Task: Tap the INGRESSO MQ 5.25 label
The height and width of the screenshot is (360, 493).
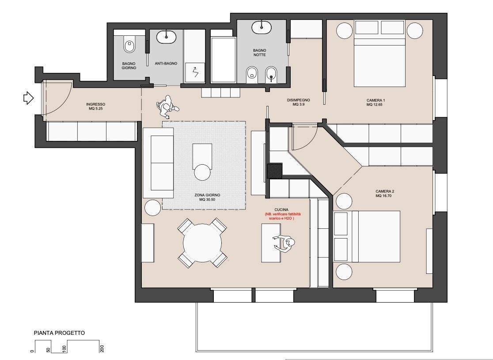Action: click(x=96, y=106)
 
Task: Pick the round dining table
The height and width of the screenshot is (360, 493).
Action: click(x=203, y=243)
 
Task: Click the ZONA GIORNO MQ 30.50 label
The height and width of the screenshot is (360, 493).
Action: click(x=207, y=197)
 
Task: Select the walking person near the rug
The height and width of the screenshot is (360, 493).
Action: click(x=167, y=106)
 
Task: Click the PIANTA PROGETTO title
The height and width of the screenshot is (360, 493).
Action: click(x=59, y=333)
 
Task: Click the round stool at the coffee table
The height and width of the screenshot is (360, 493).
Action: click(x=203, y=172)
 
